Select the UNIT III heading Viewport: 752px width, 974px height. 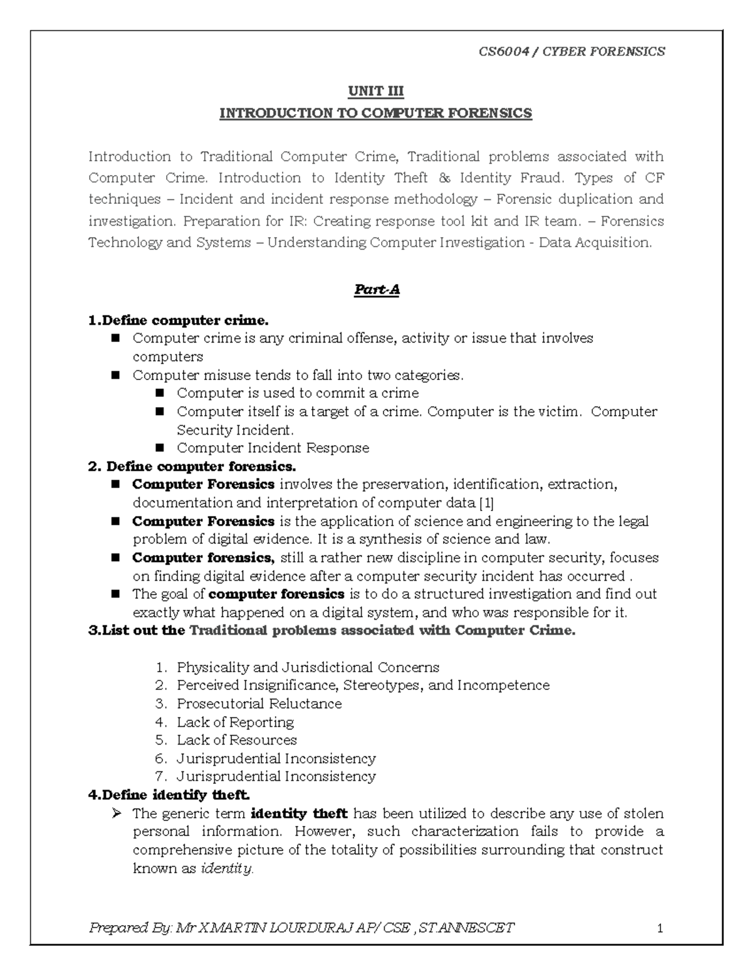point(375,92)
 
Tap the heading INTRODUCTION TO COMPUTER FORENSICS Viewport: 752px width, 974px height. point(375,114)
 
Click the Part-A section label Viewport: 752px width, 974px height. point(377,290)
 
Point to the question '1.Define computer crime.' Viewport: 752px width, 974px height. point(178,321)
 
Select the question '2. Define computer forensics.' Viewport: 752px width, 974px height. point(191,467)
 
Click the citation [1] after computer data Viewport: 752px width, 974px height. point(486,503)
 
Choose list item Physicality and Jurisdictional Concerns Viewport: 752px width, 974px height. point(308,667)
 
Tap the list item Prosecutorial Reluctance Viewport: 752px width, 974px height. point(259,704)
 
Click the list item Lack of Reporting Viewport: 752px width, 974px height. point(235,722)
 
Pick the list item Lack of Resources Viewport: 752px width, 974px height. point(236,740)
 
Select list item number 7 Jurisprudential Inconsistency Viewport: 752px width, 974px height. point(276,776)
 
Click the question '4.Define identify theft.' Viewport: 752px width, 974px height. point(169,795)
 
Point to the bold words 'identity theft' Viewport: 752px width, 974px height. point(299,813)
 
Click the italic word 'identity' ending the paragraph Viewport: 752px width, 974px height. point(226,869)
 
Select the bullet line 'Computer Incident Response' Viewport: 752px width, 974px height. point(273,448)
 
